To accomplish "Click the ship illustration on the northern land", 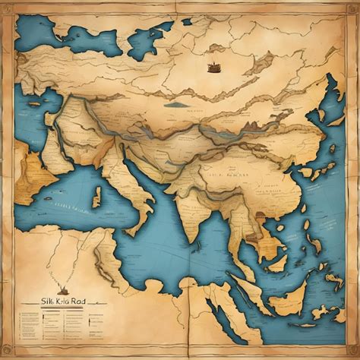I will click(213, 67).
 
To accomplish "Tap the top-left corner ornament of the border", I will click(8, 8).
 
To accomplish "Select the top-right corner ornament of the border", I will click(352, 8).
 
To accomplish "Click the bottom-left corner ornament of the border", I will click(8, 352).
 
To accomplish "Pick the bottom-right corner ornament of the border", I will click(352, 352).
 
